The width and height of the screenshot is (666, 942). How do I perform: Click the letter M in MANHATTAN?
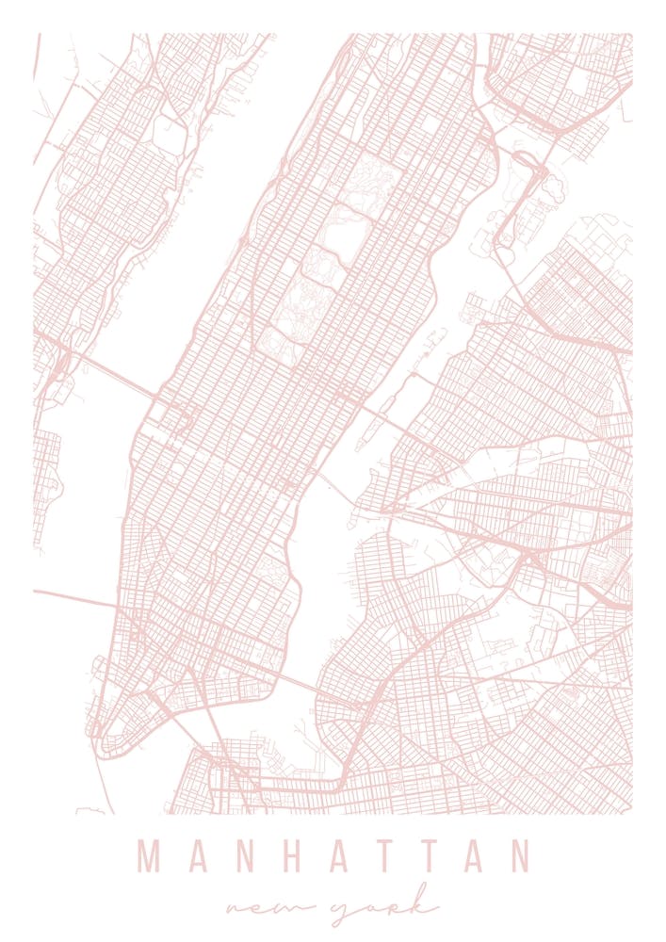click(x=152, y=856)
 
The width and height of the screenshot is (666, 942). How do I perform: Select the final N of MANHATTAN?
click(x=517, y=856)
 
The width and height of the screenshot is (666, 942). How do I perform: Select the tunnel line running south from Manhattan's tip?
click(x=103, y=782)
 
